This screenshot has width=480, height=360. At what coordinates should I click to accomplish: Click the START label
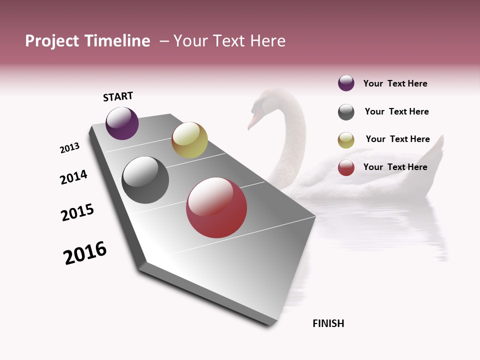(x=118, y=96)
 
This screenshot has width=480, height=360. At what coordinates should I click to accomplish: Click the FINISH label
(x=328, y=323)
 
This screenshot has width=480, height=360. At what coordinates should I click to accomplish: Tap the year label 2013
(x=69, y=148)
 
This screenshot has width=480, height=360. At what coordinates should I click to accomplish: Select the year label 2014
(x=73, y=177)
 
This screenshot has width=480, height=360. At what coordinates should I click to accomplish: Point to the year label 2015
(x=77, y=212)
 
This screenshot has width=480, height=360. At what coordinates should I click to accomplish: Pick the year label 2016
(x=85, y=253)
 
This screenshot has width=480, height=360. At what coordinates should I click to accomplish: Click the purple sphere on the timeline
(x=122, y=123)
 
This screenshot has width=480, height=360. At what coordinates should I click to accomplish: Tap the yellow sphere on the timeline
(x=189, y=140)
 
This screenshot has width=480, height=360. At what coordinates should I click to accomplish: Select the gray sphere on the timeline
(x=145, y=180)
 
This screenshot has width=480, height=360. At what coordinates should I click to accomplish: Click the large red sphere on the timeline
(x=216, y=207)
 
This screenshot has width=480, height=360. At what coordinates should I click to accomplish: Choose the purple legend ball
(x=346, y=83)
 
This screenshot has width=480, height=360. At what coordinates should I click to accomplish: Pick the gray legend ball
(x=346, y=112)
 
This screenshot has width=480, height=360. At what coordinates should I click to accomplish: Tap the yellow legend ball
(x=346, y=140)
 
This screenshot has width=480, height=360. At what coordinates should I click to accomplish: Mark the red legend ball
(x=346, y=167)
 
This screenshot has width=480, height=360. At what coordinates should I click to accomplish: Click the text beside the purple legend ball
(x=395, y=83)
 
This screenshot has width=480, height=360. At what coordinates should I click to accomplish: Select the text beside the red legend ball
(x=395, y=167)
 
